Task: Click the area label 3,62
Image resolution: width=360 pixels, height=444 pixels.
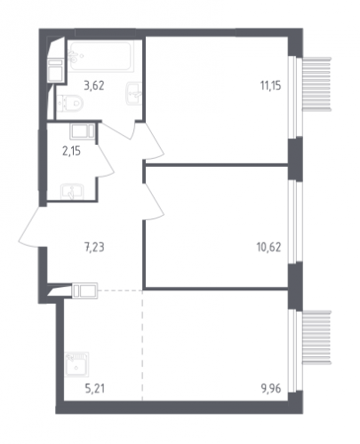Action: pos(94,85)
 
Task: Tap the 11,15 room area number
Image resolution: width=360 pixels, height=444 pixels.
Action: pos(270,85)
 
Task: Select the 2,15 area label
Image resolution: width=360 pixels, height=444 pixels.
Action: pos(71,151)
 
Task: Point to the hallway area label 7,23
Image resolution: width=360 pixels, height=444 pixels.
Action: pos(94,247)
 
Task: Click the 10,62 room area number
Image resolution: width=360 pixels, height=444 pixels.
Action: pos(268,247)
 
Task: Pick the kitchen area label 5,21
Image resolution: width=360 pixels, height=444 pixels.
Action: pos(95,388)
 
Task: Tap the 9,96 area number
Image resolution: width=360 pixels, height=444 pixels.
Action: pos(271,388)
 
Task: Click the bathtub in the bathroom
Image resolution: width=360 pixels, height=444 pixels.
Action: pos(100,56)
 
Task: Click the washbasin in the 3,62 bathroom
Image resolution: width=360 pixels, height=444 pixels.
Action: pos(133,93)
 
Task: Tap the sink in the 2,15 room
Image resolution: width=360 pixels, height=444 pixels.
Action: pos(72,192)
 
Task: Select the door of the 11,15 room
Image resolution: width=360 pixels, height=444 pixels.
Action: pos(154,140)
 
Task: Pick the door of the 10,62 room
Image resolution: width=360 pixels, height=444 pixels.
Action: pos(154,202)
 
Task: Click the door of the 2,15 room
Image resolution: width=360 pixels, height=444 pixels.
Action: pos(105,160)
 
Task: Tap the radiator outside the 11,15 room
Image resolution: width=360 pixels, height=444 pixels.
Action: pos(316,84)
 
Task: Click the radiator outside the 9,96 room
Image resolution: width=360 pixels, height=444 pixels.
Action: pos(316,337)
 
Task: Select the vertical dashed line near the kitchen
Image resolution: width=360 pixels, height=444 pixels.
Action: pos(142,345)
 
